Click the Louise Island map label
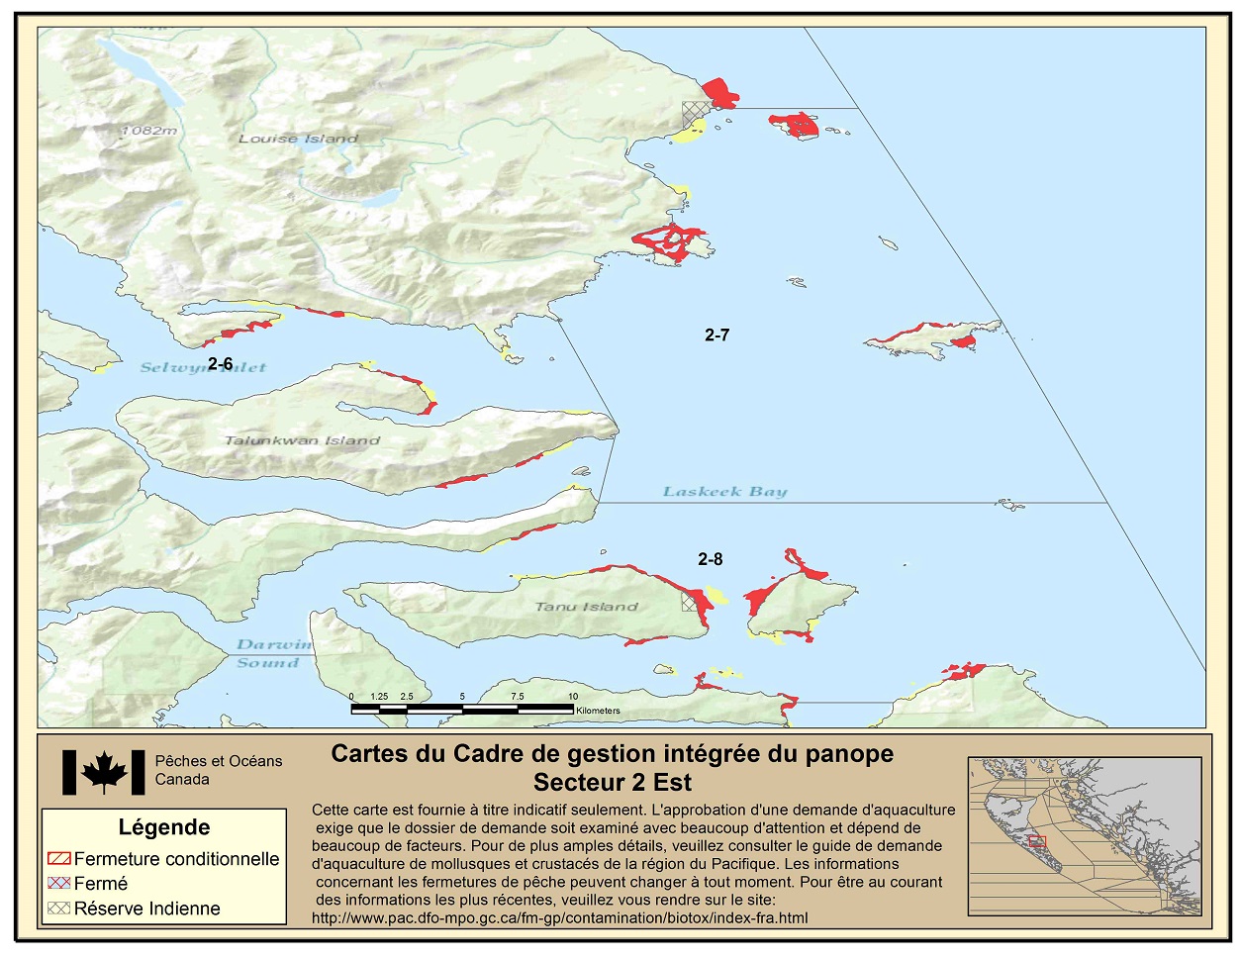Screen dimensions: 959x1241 click(x=298, y=139)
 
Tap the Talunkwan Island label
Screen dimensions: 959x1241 click(x=302, y=440)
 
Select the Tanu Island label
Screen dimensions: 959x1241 click(x=587, y=607)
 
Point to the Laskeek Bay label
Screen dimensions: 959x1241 click(x=724, y=491)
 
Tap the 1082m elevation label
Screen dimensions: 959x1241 click(x=148, y=131)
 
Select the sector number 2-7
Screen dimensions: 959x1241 click(x=716, y=336)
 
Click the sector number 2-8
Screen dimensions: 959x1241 click(x=710, y=559)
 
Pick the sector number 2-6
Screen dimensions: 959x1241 click(x=220, y=364)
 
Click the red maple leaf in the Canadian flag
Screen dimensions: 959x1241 click(x=104, y=772)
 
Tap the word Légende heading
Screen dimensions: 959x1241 click(x=164, y=827)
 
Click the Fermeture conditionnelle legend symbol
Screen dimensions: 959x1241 click(x=58, y=858)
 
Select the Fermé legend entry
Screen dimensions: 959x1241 click(x=100, y=883)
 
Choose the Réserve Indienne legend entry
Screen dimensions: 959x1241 click(x=146, y=909)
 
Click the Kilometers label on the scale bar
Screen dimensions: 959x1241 click(x=598, y=711)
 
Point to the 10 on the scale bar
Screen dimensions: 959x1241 click(x=573, y=697)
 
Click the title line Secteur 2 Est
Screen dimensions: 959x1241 click(x=612, y=783)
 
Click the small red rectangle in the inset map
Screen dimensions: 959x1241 click(x=1036, y=841)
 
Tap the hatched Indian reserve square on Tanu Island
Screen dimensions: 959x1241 click(x=689, y=603)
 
